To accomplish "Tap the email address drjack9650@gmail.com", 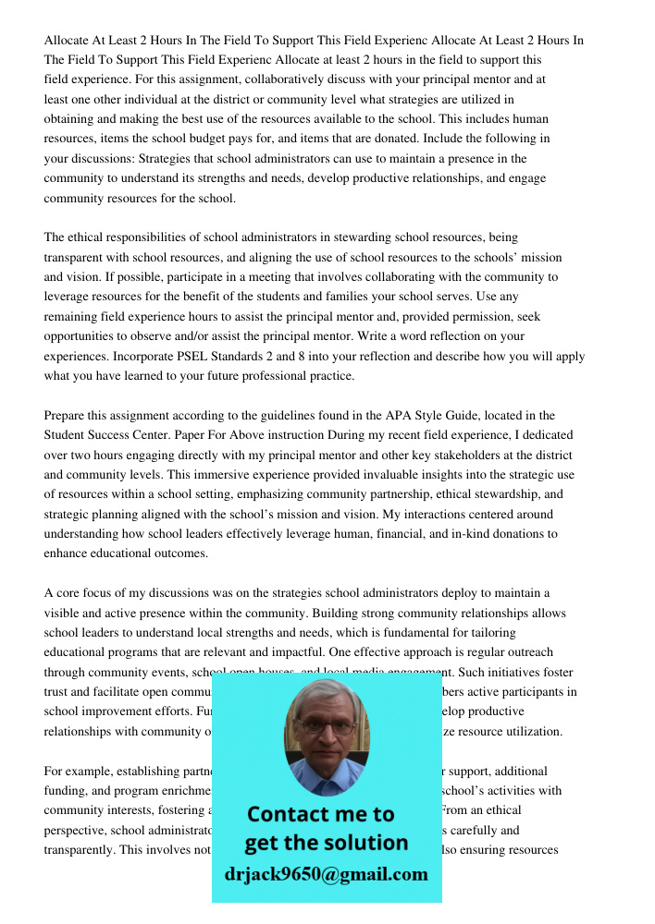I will (x=326, y=874).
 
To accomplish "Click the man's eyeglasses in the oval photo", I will (x=325, y=726).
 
